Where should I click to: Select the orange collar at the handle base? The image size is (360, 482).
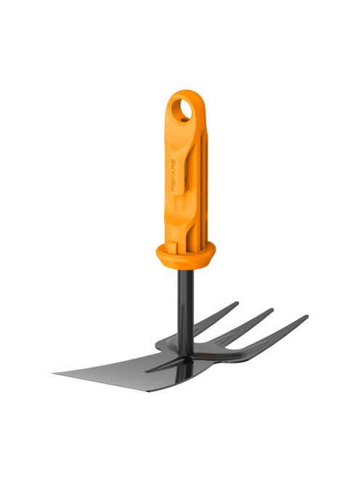click(186, 253)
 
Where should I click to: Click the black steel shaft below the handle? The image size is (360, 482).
click(181, 305)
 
